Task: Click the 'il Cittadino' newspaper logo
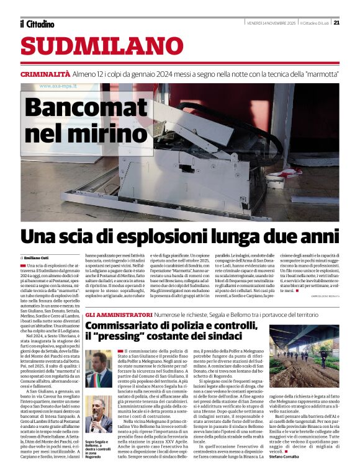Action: pyautogui.click(x=37, y=24)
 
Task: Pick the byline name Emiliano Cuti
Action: pyautogui.click(x=39, y=257)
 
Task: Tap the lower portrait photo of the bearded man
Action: pyautogui.click(x=99, y=414)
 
